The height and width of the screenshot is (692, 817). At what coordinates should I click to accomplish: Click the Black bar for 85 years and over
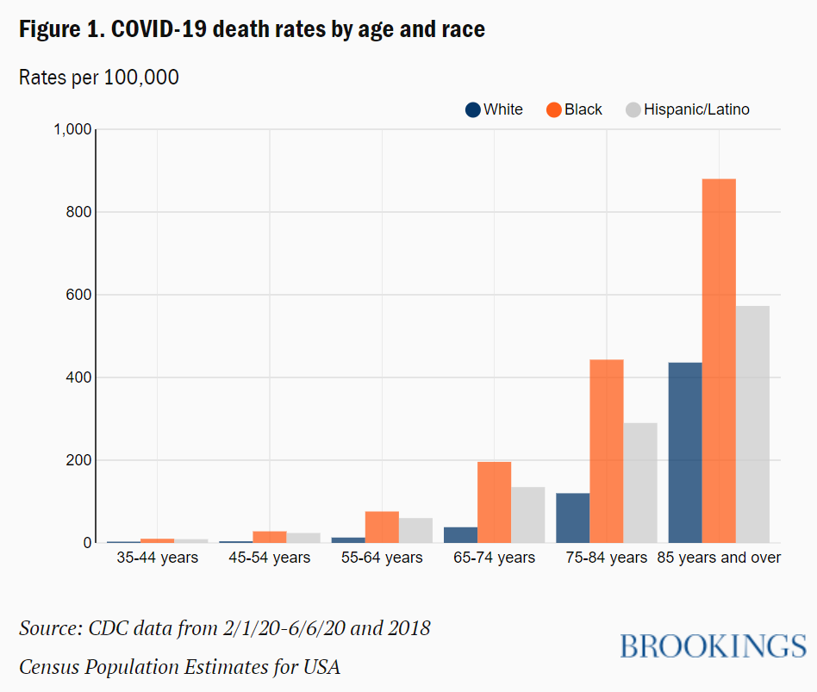(x=719, y=361)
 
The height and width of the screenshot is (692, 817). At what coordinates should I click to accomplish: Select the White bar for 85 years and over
(x=685, y=452)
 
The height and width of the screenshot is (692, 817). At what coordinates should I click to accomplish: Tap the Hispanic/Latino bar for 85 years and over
(x=752, y=424)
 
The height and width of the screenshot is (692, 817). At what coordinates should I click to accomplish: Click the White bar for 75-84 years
(x=573, y=518)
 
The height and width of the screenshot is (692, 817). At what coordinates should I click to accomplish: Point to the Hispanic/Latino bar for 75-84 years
(x=640, y=483)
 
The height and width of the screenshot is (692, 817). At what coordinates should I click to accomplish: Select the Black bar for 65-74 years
(x=494, y=502)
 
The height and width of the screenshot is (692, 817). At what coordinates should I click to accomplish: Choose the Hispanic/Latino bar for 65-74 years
(x=528, y=515)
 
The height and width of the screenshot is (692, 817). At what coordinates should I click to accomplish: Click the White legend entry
(x=494, y=109)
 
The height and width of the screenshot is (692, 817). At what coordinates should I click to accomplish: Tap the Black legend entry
(x=574, y=109)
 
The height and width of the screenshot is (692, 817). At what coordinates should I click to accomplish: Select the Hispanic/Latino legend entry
(x=687, y=109)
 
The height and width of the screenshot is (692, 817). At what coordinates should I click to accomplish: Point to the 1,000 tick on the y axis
(x=72, y=129)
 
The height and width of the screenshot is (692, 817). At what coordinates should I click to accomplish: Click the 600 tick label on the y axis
(x=78, y=295)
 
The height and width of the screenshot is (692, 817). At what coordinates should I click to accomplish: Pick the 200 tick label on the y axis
(x=78, y=460)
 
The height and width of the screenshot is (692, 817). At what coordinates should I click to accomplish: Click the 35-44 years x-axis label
(x=158, y=558)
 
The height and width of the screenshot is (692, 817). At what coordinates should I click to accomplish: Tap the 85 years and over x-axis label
(x=719, y=558)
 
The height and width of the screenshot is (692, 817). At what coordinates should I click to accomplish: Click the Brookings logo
(x=713, y=645)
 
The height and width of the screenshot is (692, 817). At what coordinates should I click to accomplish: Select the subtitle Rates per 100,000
(x=99, y=78)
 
